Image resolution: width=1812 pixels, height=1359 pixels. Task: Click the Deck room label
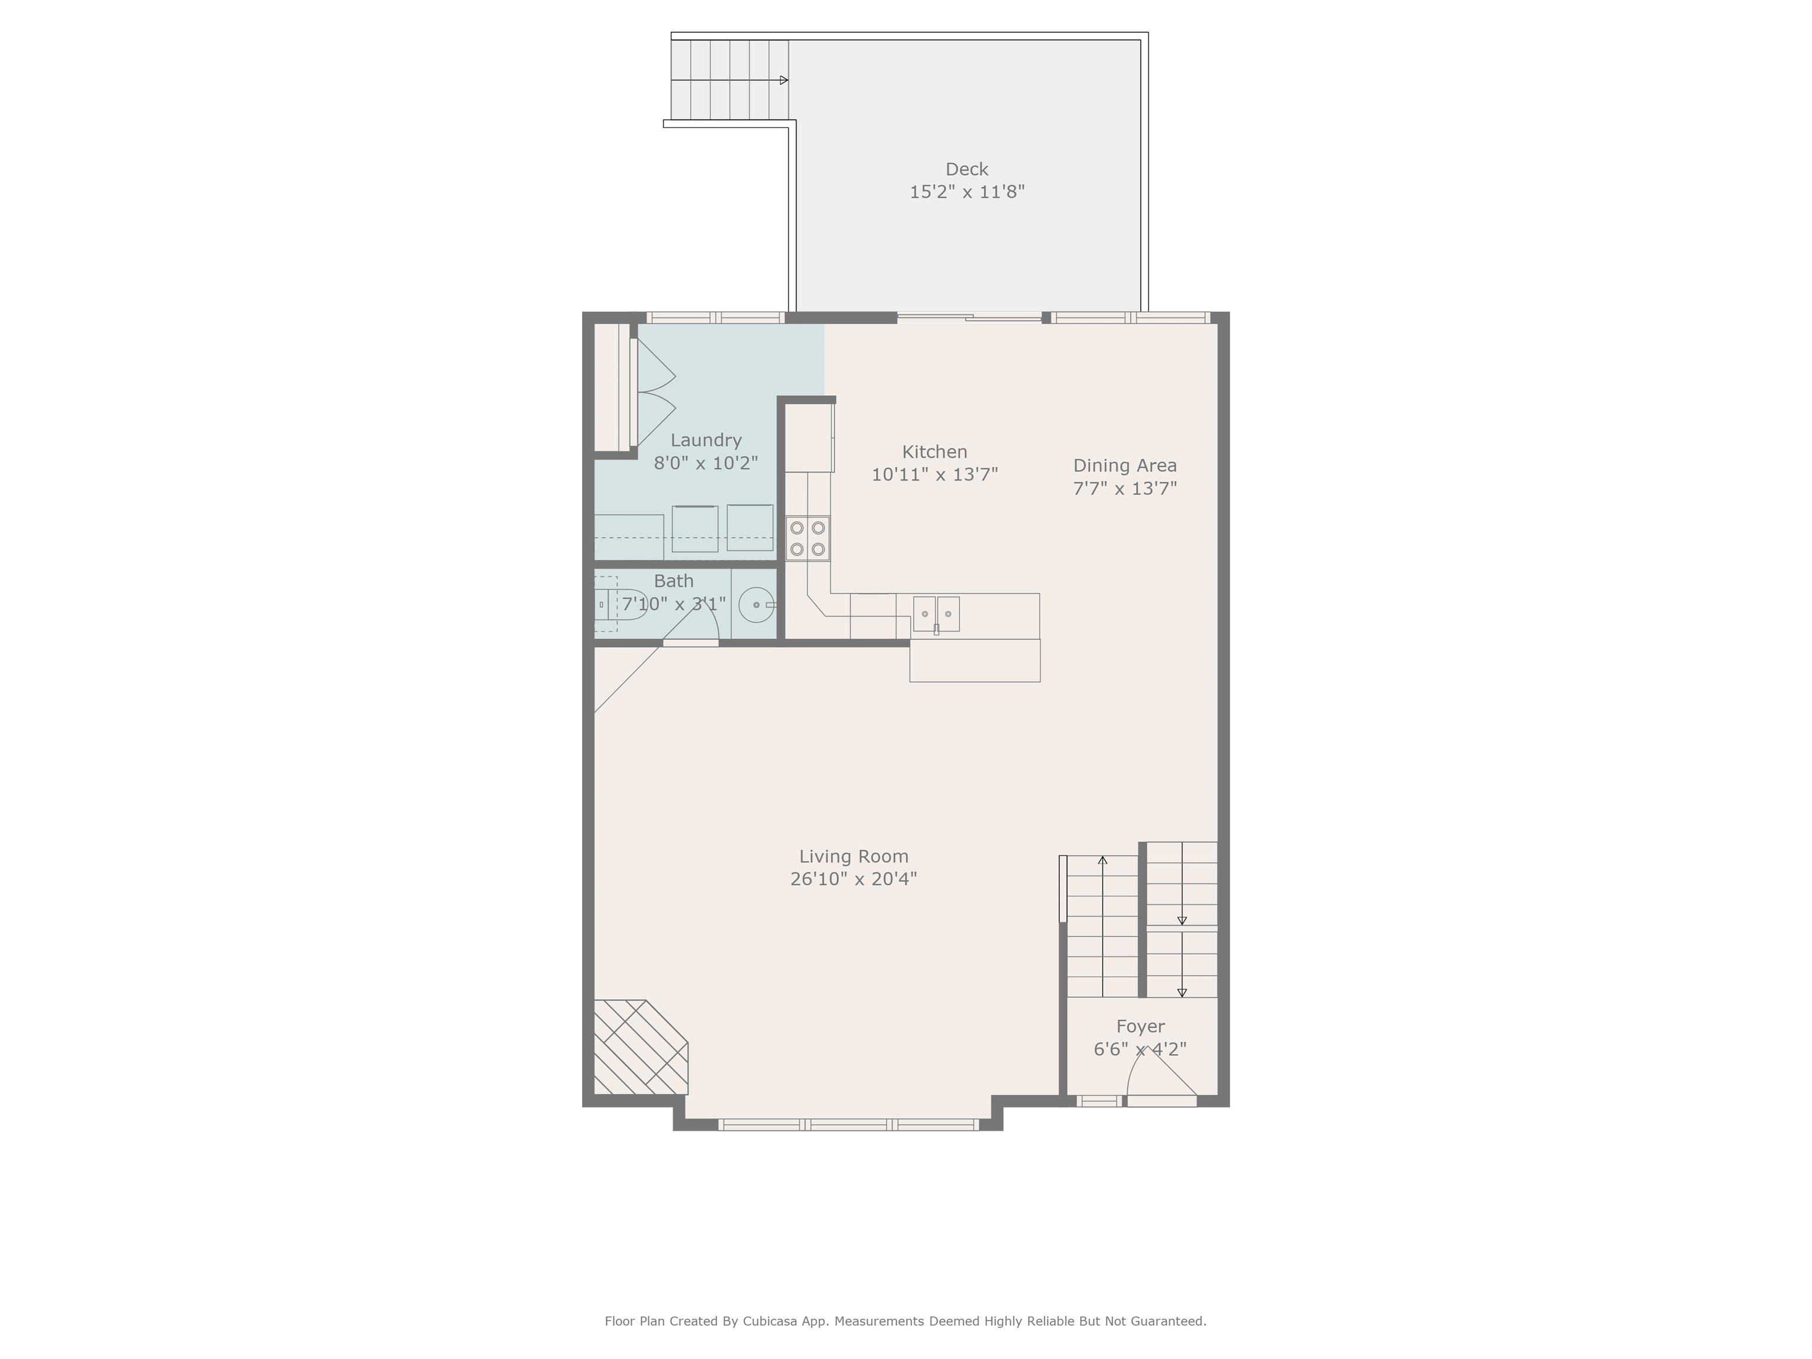click(967, 169)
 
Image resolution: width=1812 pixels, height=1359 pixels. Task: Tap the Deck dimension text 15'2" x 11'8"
click(967, 192)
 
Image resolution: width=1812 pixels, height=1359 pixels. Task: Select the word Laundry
click(705, 441)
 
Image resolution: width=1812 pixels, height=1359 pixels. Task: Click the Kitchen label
click(935, 451)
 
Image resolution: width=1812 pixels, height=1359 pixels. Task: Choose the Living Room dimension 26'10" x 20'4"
click(854, 879)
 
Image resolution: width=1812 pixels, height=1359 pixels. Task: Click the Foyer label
click(1140, 1026)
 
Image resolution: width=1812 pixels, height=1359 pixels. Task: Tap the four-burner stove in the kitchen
click(807, 538)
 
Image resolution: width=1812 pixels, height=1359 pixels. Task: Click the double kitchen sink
click(936, 615)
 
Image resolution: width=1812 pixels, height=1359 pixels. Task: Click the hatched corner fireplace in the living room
click(641, 1047)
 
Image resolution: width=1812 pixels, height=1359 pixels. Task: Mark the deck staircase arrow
click(730, 80)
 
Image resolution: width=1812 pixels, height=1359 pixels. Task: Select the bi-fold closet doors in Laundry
click(656, 392)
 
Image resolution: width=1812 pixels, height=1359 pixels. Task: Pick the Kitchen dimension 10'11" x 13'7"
click(935, 474)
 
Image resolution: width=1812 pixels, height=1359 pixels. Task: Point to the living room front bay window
click(849, 1125)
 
